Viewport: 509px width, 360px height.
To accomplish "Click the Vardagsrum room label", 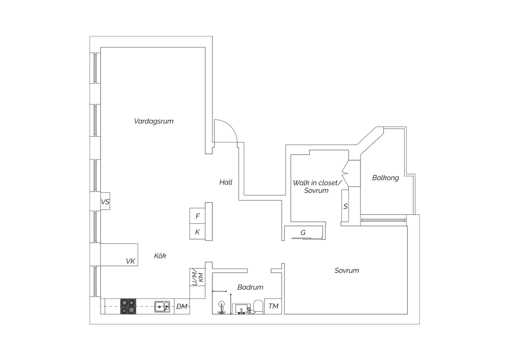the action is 154,121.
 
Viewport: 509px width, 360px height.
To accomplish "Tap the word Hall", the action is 226,182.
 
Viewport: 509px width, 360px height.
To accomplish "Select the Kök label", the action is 160,256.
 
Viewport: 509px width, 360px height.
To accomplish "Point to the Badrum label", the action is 250,287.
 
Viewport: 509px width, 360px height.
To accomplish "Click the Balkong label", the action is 385,178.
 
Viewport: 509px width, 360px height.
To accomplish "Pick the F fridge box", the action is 197,216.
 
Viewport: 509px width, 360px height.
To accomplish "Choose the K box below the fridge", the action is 197,232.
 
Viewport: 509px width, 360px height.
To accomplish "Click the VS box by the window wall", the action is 105,201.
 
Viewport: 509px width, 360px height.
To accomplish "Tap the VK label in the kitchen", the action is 130,261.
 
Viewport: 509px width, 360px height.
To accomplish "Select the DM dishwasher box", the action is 182,306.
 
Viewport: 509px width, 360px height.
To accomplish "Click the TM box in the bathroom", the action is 273,306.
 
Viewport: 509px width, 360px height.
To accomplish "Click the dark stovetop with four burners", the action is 128,306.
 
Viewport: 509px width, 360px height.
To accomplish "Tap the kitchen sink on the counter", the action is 162,307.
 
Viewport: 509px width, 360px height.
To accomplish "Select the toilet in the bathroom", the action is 258,307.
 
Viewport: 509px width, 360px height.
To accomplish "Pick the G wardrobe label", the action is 303,233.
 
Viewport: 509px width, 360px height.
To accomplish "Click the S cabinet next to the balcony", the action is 345,206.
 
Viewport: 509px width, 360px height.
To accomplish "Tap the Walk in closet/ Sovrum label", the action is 317,186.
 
